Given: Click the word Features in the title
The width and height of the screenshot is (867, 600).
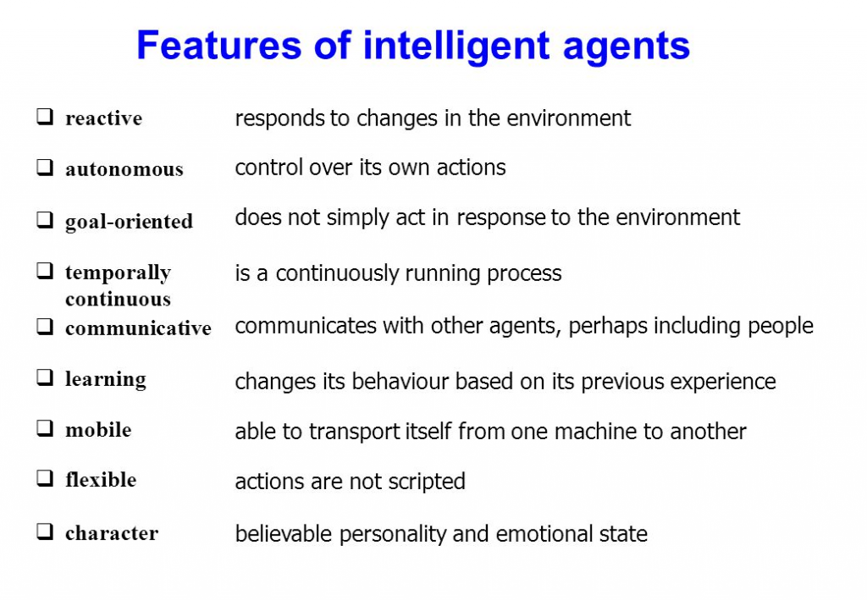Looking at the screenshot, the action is click(x=219, y=45).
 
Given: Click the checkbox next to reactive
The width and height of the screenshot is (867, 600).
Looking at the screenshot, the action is click(x=45, y=117).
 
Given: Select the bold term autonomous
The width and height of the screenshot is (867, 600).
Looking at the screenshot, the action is click(x=124, y=169).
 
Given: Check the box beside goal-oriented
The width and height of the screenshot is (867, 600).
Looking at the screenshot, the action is click(x=45, y=220).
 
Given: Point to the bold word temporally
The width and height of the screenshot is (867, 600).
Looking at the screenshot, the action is click(x=118, y=273).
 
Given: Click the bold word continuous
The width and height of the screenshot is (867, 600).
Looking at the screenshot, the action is click(x=118, y=300).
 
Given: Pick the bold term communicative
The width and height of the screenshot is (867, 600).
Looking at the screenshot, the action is click(x=138, y=328).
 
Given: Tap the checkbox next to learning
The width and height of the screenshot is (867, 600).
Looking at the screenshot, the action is click(x=45, y=377).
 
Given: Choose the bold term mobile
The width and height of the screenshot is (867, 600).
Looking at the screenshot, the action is click(x=98, y=430).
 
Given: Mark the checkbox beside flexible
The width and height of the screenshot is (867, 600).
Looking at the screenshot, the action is click(x=45, y=478).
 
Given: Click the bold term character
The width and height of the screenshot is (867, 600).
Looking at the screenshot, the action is click(x=112, y=534).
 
